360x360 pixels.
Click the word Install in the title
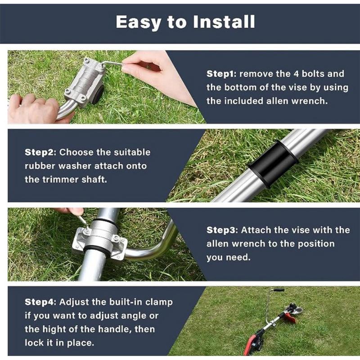pos(224,22)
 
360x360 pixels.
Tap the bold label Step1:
pos(221,74)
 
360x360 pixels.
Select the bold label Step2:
pos(40,152)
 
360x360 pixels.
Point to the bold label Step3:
pos(222,230)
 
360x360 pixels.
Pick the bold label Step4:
pos(40,302)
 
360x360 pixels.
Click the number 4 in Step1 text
pos(296,74)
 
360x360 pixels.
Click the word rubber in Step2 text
pos(40,166)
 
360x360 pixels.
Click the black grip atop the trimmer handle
pos(278,290)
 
